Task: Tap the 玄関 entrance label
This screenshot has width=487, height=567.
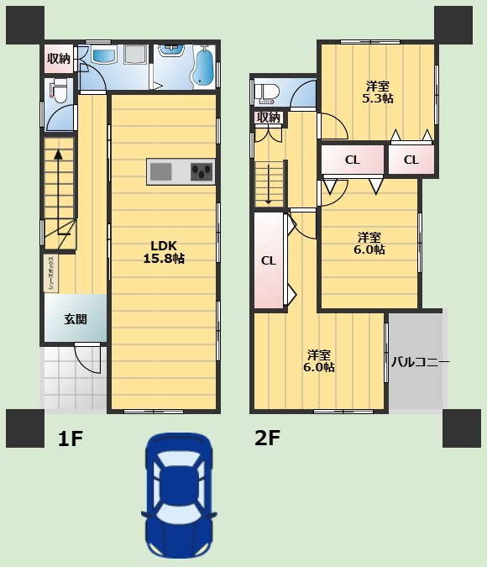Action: click(75, 318)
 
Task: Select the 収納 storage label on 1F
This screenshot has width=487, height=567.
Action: click(59, 58)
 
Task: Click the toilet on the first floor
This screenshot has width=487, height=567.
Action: click(57, 90)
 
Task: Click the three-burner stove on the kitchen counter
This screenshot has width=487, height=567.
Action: click(202, 171)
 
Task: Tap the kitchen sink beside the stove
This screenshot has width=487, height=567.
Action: click(161, 171)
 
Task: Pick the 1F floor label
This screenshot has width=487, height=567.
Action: click(71, 438)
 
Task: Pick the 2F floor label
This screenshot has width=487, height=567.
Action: click(267, 438)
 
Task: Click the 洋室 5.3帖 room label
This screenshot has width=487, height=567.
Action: click(378, 92)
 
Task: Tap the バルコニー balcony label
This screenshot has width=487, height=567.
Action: click(420, 362)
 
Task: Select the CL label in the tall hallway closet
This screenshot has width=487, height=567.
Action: click(268, 260)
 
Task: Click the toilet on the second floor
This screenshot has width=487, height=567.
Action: click(268, 92)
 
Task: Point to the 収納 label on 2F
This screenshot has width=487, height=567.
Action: click(268, 118)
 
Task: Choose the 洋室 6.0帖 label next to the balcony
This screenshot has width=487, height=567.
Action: click(319, 360)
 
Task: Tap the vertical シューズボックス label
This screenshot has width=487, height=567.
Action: click(51, 273)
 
